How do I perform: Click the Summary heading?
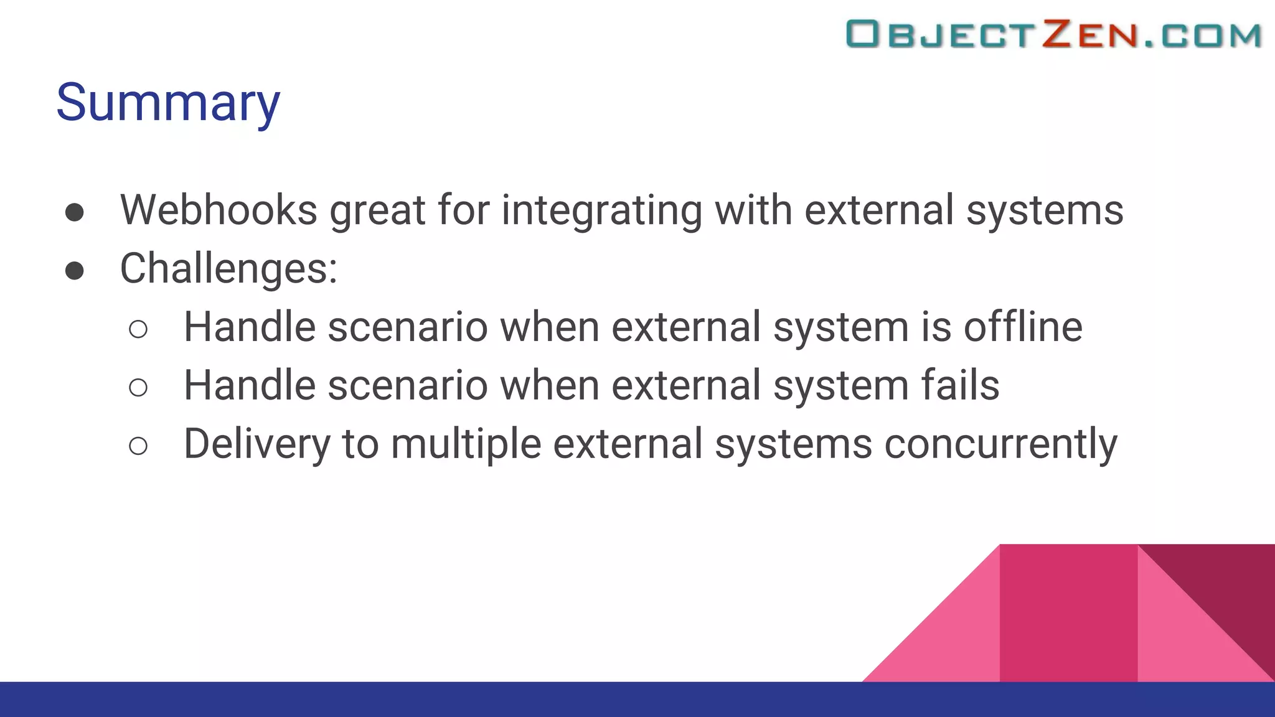168,103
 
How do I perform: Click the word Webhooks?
219,210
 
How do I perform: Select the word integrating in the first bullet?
601,211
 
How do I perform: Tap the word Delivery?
256,444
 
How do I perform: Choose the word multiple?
466,444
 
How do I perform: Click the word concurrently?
1000,444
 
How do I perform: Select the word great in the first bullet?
377,211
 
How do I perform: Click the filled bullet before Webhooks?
75,212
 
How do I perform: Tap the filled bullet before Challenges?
75,271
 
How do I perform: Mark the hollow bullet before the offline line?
138,329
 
